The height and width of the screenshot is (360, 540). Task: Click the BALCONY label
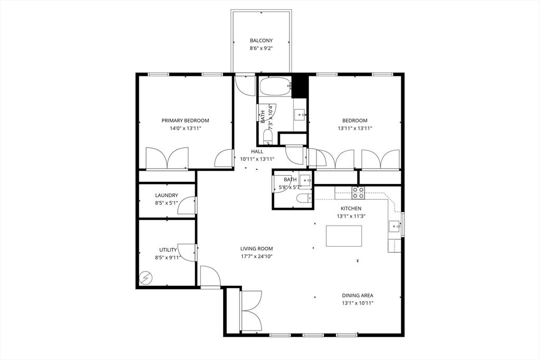point(261,41)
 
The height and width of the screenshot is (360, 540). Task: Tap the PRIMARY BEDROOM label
point(185,121)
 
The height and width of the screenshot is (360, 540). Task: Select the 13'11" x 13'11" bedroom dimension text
point(355,129)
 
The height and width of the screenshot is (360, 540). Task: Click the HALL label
point(257,151)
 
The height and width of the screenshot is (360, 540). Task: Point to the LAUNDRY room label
point(166,195)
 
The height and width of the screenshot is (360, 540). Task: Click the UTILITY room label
point(168,250)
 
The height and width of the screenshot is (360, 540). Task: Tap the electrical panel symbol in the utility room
point(146,278)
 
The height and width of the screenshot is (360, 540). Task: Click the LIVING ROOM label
point(257,248)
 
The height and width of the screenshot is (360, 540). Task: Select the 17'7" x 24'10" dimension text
point(257,256)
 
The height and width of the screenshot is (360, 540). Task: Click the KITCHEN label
point(351,209)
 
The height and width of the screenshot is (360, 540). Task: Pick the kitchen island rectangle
point(344,236)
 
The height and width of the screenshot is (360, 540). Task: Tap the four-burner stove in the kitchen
point(358,193)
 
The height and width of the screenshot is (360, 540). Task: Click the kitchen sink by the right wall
point(394,227)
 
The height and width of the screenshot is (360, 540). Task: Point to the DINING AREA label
point(358,295)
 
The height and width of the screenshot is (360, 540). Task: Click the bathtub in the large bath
point(275,86)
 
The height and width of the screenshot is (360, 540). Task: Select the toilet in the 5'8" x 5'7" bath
point(303,199)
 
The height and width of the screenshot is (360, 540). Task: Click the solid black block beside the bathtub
point(299,86)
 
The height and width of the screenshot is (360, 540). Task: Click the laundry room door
point(187,206)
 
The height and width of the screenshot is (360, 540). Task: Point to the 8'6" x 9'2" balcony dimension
point(262,49)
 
